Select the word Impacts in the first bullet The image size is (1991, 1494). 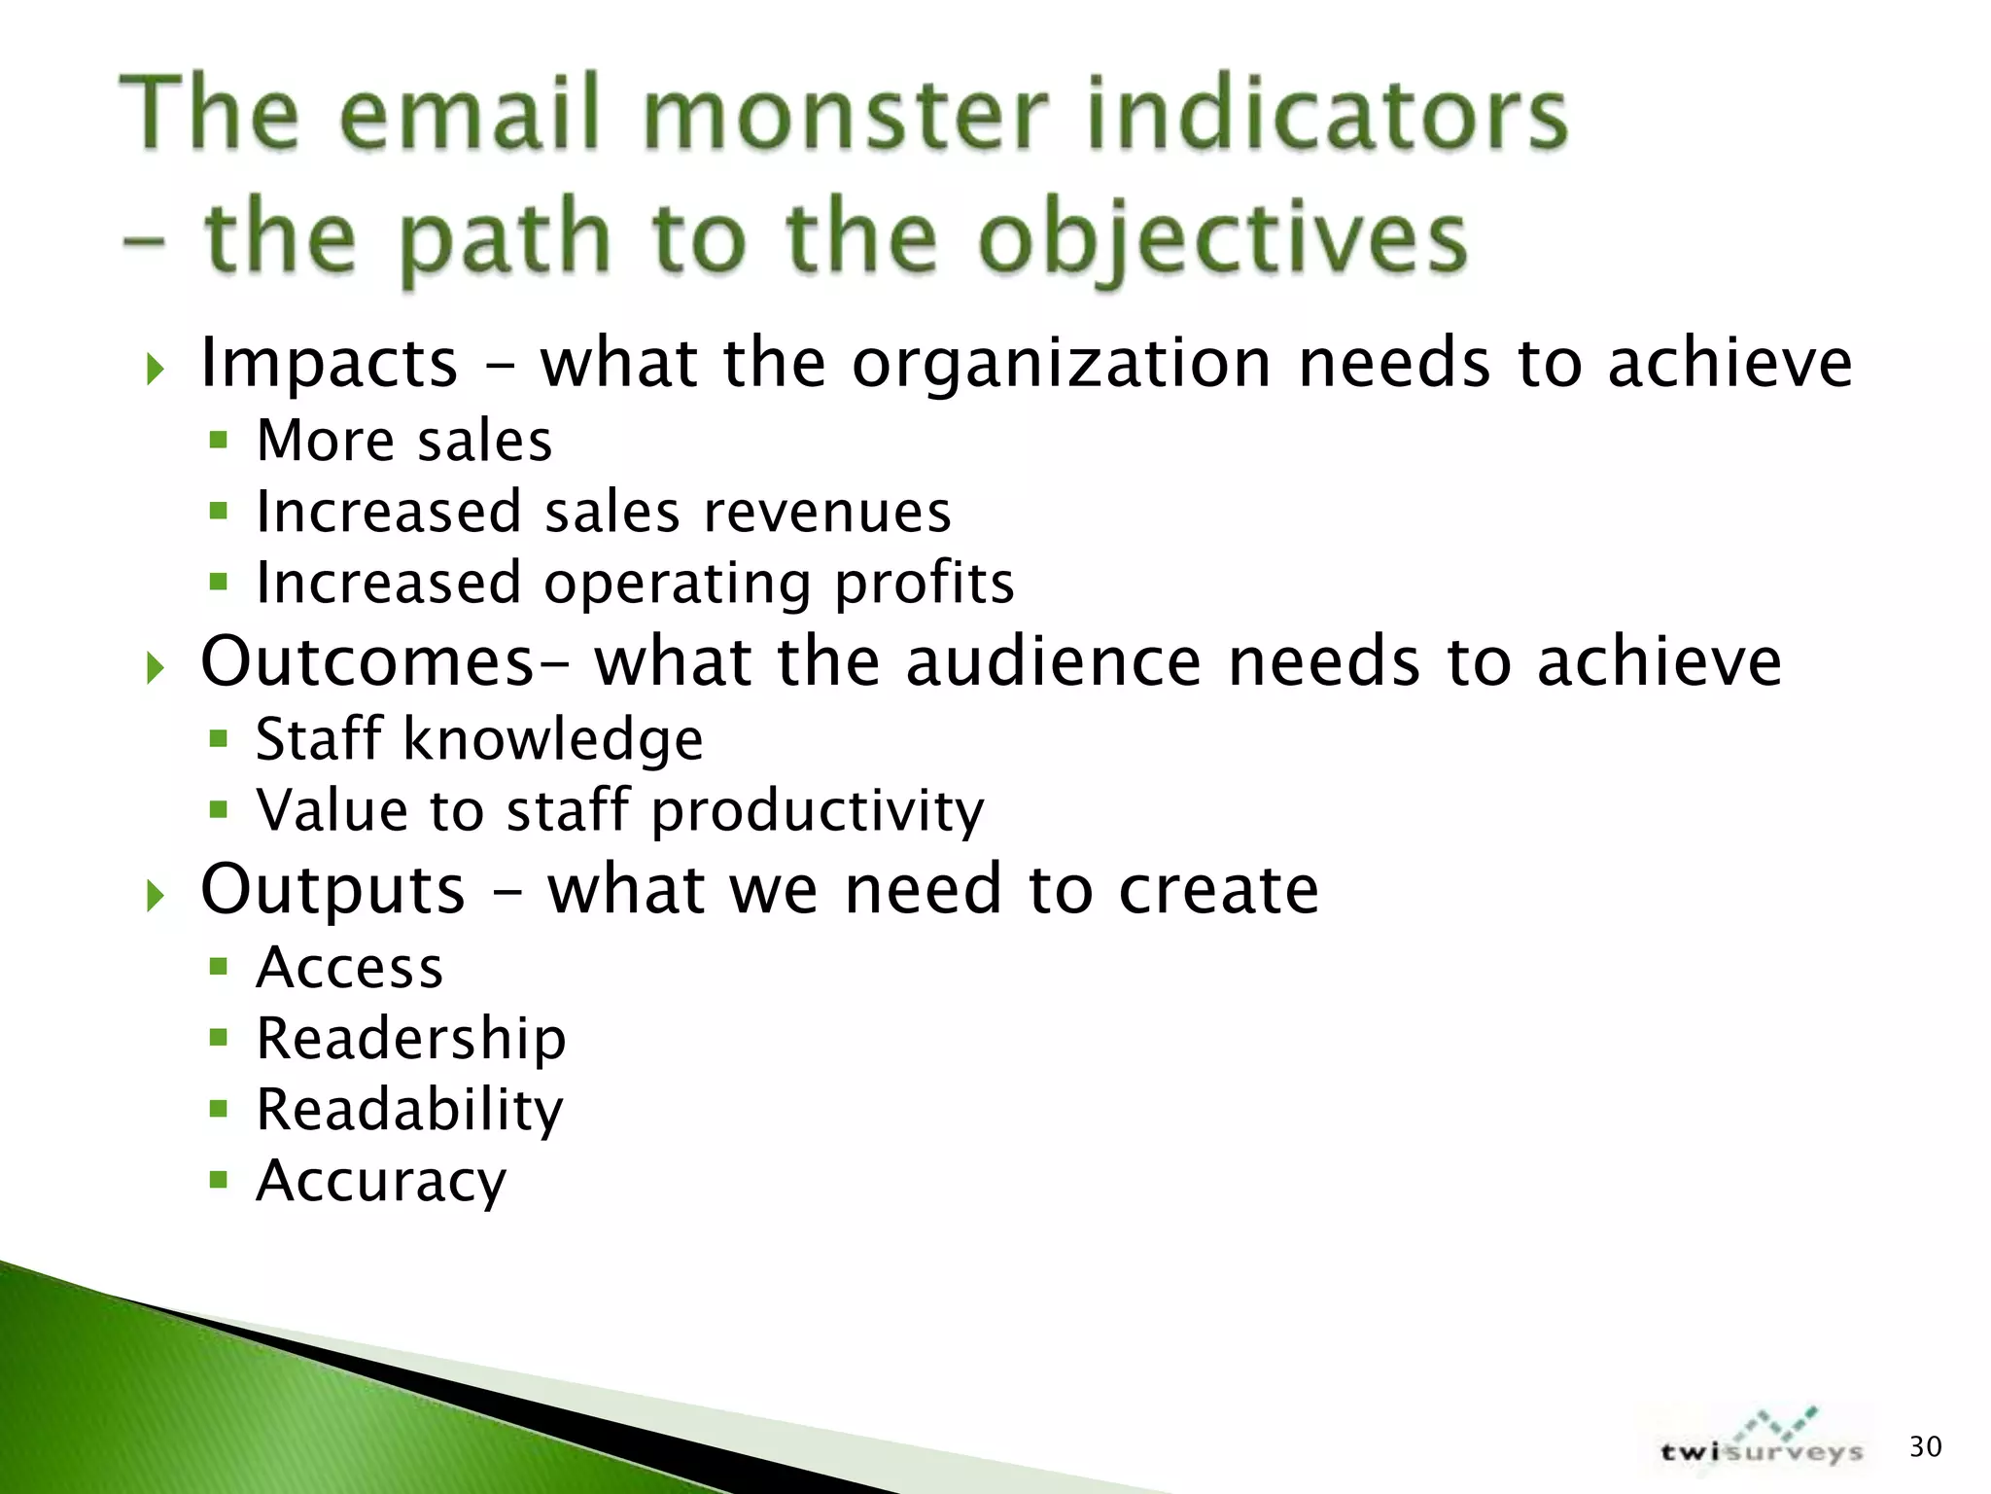click(x=329, y=364)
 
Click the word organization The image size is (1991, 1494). click(x=1062, y=364)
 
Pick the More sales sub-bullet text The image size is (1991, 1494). click(x=403, y=441)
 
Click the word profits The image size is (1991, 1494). click(x=925, y=584)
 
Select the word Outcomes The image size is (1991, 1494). click(x=367, y=661)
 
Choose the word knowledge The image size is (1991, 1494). click(x=552, y=739)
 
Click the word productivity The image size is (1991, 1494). click(x=817, y=810)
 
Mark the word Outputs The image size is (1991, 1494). click(x=332, y=889)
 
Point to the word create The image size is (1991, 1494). click(x=1218, y=889)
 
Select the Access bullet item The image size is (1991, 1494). click(x=350, y=968)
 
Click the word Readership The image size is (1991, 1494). click(x=411, y=1039)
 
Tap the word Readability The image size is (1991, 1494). click(x=409, y=1110)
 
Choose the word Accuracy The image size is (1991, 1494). click(x=381, y=1181)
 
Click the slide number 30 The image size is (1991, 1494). click(x=1925, y=1447)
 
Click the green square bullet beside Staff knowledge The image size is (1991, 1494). click(x=219, y=738)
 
